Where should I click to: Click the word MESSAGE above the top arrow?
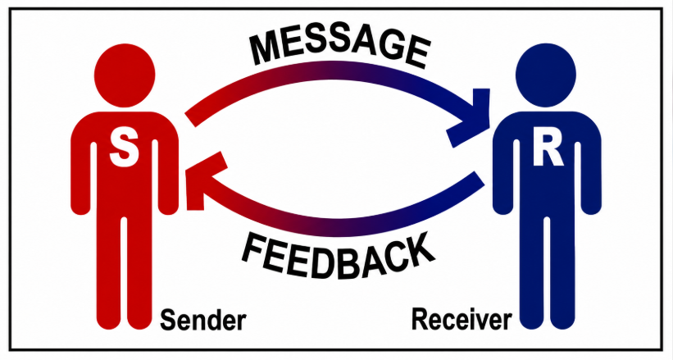(339, 48)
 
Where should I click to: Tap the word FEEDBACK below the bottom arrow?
(339, 257)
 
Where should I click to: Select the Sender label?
(203, 321)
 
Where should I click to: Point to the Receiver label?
(462, 320)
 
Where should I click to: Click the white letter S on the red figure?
(124, 149)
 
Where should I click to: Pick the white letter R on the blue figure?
(548, 149)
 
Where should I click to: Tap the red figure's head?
(125, 75)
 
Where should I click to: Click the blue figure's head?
(546, 75)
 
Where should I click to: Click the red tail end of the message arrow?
(191, 121)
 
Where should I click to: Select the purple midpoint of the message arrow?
(339, 71)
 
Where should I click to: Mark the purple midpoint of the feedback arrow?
(339, 227)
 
